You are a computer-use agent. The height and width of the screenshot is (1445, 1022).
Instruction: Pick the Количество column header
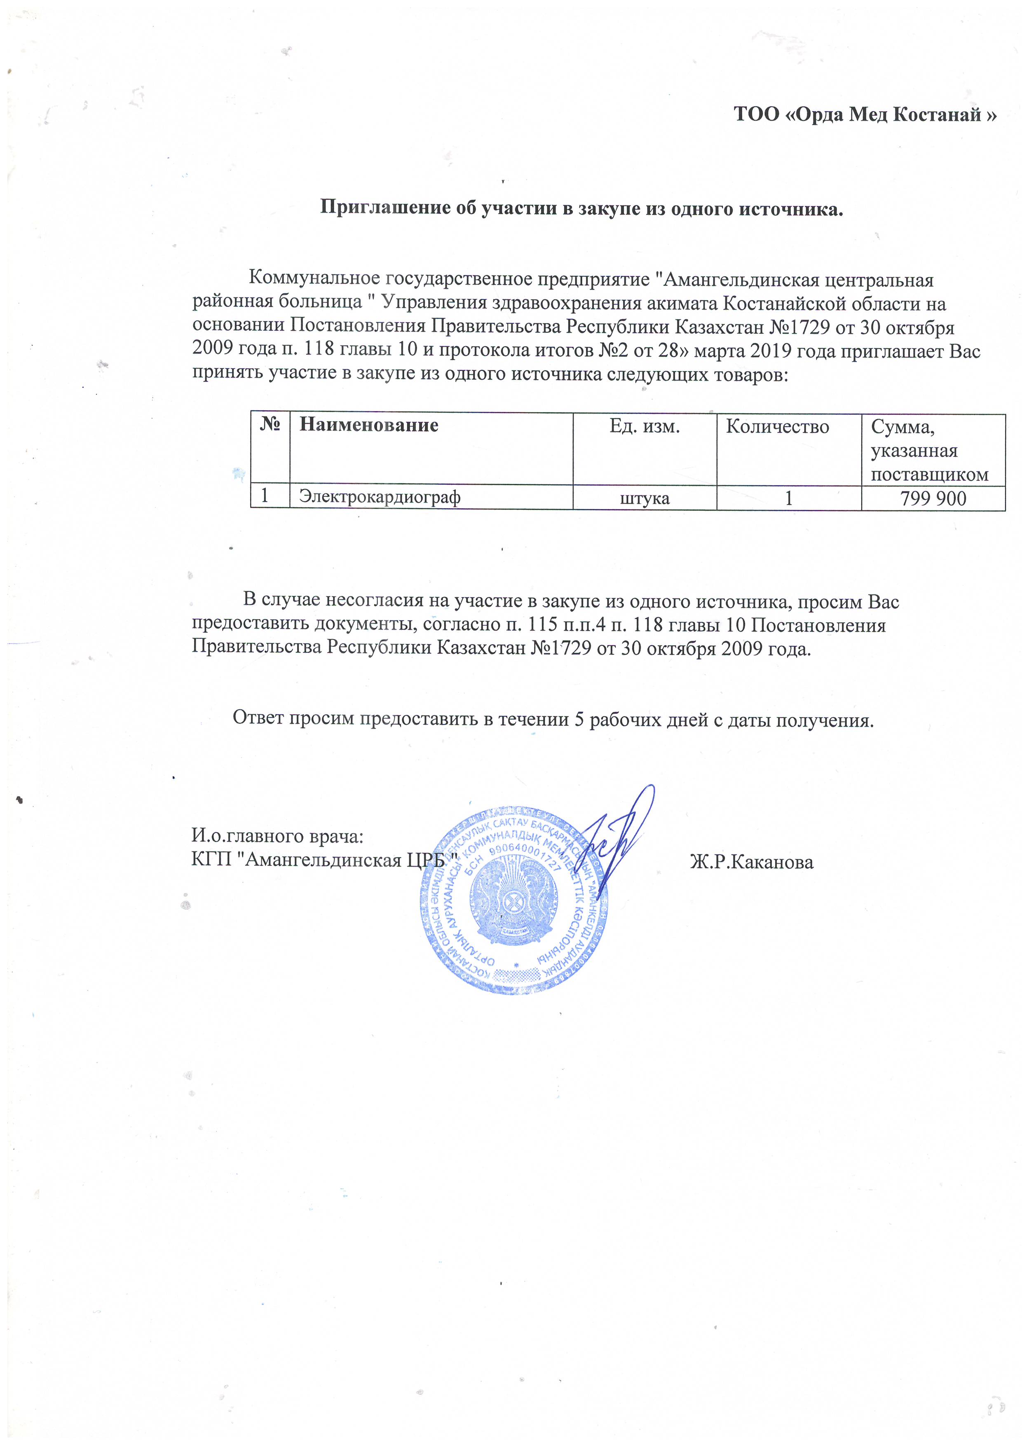click(x=777, y=427)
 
